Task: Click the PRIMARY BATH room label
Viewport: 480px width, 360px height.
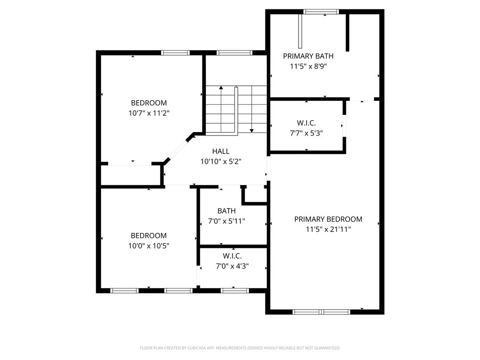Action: pyautogui.click(x=308, y=56)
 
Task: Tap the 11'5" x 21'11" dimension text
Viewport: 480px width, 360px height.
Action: pyautogui.click(x=328, y=229)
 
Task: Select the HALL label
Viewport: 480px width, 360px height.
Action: pyautogui.click(x=221, y=151)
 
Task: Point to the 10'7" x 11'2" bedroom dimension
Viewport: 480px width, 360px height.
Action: pyautogui.click(x=149, y=113)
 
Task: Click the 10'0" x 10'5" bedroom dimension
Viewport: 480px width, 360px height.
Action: pyautogui.click(x=149, y=246)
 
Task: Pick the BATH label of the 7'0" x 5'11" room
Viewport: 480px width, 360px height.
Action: pyautogui.click(x=226, y=211)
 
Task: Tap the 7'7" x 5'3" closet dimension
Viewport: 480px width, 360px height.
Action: pyautogui.click(x=307, y=133)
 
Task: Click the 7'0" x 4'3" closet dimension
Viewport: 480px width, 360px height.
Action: pyautogui.click(x=232, y=266)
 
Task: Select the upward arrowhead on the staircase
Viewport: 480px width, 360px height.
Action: pyautogui.click(x=221, y=88)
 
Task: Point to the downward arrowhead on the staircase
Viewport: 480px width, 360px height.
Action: pyautogui.click(x=252, y=131)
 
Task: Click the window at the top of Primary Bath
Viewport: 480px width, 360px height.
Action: pyautogui.click(x=321, y=12)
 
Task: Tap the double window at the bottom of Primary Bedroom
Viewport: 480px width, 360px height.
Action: pyautogui.click(x=321, y=312)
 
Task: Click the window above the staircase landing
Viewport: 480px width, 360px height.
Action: pyautogui.click(x=234, y=52)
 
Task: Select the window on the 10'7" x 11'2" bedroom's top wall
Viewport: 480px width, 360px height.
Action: pyautogui.click(x=175, y=52)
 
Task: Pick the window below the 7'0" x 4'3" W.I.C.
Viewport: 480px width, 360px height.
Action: pyautogui.click(x=235, y=291)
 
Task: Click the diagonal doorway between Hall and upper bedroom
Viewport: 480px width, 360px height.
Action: pyautogui.click(x=177, y=150)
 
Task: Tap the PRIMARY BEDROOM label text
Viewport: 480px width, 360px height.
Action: pyautogui.click(x=328, y=219)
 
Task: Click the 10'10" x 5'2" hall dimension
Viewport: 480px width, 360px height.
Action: pyautogui.click(x=221, y=162)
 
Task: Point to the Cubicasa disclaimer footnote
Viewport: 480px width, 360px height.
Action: pyautogui.click(x=240, y=348)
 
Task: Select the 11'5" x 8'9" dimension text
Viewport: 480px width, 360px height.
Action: pyautogui.click(x=308, y=67)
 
